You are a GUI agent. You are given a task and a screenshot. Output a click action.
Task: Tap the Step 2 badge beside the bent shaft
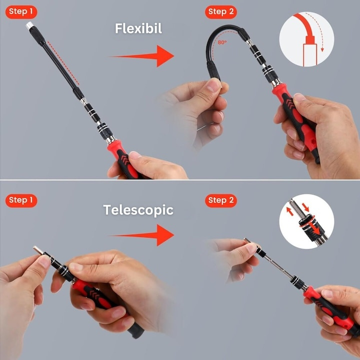coord(221,12)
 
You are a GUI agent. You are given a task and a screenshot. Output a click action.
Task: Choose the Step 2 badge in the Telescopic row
coord(221,200)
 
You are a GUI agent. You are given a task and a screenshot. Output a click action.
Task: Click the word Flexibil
coord(138,28)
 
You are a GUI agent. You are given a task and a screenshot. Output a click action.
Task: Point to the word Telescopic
coord(138,210)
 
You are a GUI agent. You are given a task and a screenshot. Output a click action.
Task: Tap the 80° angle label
coord(222,43)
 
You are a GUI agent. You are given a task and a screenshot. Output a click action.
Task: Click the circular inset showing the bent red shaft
coord(306,39)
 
